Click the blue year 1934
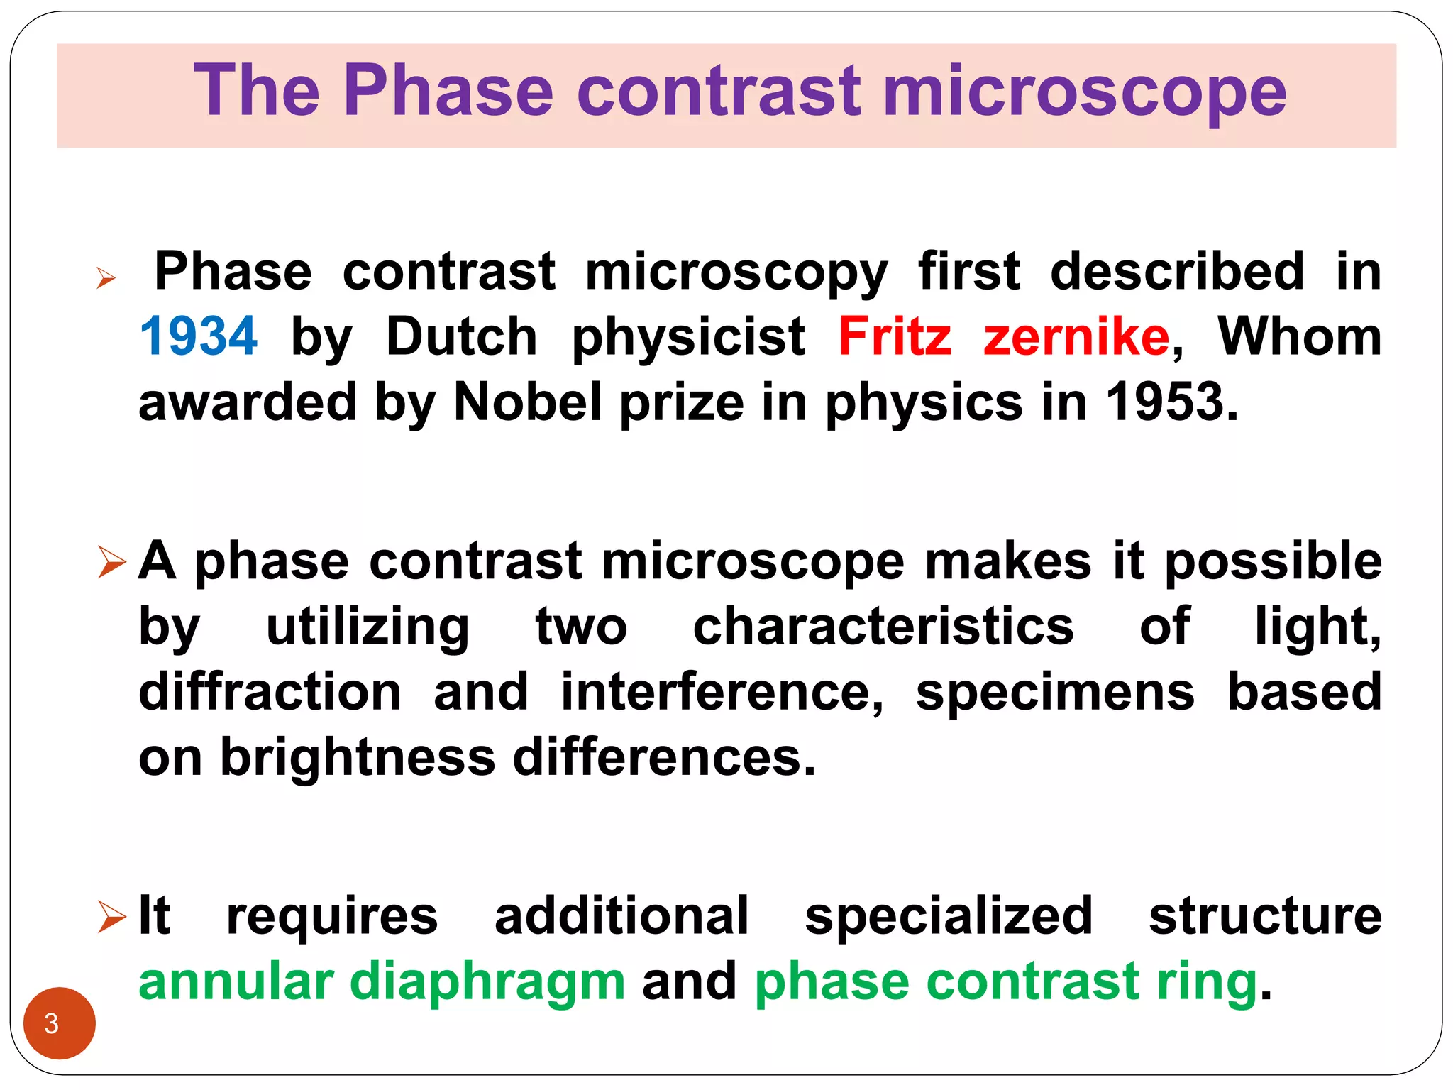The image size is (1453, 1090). coord(198,336)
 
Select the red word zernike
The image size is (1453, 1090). coord(1076,336)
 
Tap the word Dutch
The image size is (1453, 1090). coord(461,336)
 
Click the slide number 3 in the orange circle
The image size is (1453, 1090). coord(52,1024)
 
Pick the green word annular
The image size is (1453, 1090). coord(236,982)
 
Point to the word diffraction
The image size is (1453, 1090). coord(270,692)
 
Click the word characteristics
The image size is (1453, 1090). coord(883,627)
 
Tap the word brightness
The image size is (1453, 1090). coord(358,758)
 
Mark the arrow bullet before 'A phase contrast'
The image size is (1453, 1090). coord(111,562)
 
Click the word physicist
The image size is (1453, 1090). coord(688,338)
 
